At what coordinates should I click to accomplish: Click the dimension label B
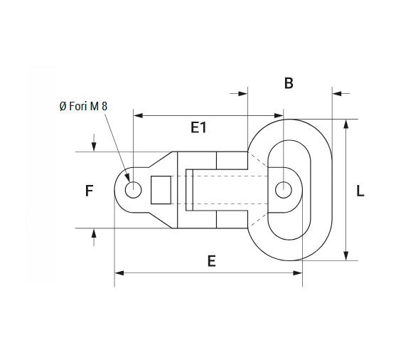coord(289,83)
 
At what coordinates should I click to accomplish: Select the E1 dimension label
coord(198,127)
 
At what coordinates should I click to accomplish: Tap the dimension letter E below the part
coord(211,261)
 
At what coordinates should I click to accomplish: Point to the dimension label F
coord(89,191)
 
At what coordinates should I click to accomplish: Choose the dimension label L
coord(360,191)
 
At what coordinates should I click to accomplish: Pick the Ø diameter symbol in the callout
coord(63,106)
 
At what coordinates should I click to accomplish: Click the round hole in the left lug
coord(133,190)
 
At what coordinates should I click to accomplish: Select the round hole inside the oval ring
coord(283,190)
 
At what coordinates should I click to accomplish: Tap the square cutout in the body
coord(161,189)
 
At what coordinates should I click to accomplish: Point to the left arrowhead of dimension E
coord(119,272)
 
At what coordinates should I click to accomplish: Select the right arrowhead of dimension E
coord(298,272)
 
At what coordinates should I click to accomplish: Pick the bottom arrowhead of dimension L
coord(345,256)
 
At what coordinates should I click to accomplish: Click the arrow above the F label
coord(94,147)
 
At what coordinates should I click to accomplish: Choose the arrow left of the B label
coord(242,92)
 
